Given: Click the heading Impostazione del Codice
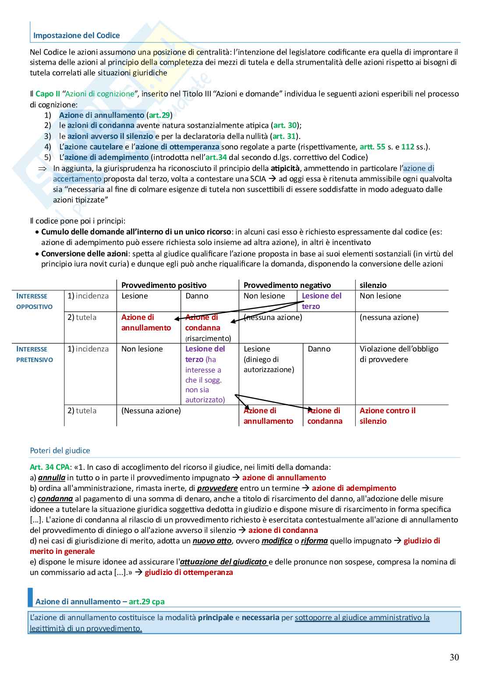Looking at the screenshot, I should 77,35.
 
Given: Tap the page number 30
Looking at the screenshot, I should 454,657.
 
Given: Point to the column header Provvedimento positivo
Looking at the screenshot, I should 164,285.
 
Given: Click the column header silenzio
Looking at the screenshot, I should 373,285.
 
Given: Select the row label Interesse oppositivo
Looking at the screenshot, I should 34,301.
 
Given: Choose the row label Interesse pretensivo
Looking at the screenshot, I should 34,354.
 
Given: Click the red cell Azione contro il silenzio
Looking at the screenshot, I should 387,416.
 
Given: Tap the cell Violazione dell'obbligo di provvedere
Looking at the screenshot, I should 399,354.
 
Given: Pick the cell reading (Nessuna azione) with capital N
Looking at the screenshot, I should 151,411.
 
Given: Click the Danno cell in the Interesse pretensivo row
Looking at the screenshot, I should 319,349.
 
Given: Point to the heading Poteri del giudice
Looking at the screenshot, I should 60,451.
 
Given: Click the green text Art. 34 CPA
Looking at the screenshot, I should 47,467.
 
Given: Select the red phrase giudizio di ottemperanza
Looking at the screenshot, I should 189,572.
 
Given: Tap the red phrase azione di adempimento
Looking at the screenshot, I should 354,488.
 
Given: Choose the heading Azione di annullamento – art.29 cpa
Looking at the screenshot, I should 100,602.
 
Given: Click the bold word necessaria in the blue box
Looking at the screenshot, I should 260,617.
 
